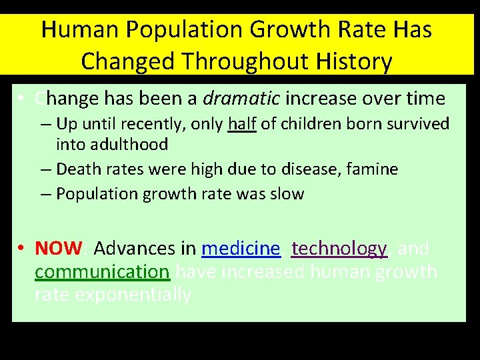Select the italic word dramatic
tap(241, 99)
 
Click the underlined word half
tap(242, 124)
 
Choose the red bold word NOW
tap(58, 249)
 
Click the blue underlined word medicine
tap(241, 249)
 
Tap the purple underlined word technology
tap(339, 249)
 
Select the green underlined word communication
tap(102, 272)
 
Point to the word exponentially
tap(133, 295)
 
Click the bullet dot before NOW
tap(22, 249)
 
